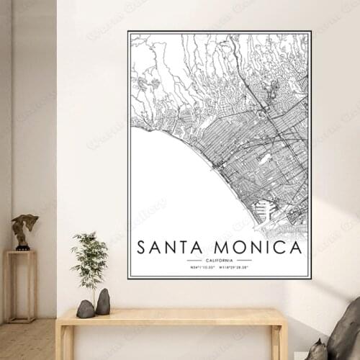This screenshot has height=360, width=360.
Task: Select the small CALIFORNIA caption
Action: pyautogui.click(x=219, y=260)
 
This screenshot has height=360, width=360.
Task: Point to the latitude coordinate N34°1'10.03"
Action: pyautogui.click(x=204, y=267)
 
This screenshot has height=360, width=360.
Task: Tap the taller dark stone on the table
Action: pyautogui.click(x=103, y=302)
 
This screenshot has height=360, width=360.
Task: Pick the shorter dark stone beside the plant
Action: pyautogui.click(x=86, y=309)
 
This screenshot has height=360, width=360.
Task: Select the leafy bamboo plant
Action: pyautogui.click(x=90, y=259)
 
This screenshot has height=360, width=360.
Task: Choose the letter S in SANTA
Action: pyautogui.click(x=141, y=248)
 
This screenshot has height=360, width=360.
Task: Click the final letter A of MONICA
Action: pyautogui.click(x=295, y=248)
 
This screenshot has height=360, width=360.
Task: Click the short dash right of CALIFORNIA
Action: pyautogui.click(x=244, y=260)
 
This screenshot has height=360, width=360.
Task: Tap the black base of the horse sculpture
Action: pyautogui.click(x=24, y=247)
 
